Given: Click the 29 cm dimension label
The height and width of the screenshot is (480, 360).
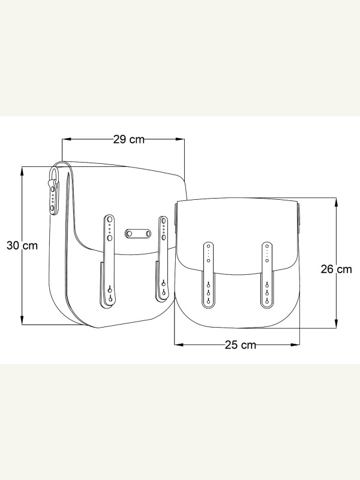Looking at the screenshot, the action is tap(129, 139).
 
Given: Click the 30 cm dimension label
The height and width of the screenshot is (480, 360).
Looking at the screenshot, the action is tap(22, 245).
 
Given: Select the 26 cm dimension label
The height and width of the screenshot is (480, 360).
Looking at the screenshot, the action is tap(336, 269).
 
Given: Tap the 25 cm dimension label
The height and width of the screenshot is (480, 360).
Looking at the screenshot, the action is tap(241, 345).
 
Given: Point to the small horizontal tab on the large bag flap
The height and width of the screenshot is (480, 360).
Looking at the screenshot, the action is tap(138, 234).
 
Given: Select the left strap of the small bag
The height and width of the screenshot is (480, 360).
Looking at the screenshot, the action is tap(208, 275).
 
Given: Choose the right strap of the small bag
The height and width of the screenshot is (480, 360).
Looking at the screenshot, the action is tap(267, 275).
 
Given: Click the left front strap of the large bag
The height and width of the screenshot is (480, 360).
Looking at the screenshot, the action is tap(108, 261).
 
